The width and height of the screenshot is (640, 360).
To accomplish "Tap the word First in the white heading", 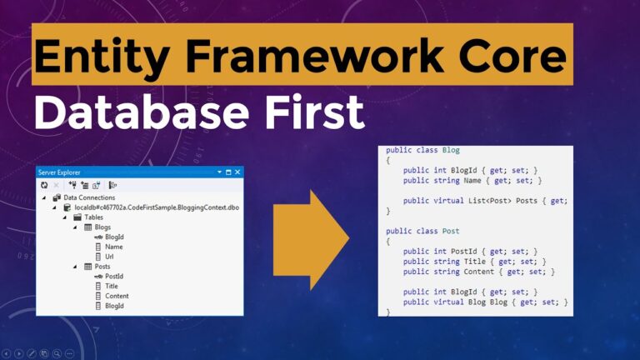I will (x=310, y=112).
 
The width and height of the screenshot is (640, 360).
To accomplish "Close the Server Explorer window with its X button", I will (x=237, y=172).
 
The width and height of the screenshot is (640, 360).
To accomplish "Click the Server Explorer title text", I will (x=60, y=172).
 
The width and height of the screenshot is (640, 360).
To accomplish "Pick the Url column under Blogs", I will (x=109, y=257).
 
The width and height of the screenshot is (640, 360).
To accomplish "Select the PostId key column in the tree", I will (x=114, y=276).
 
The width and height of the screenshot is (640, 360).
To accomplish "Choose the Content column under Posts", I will (x=117, y=296).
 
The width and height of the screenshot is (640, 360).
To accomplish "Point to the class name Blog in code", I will (x=451, y=150).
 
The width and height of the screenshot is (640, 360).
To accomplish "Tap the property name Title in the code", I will (x=487, y=261).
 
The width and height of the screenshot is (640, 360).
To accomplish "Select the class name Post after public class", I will (x=451, y=230).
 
